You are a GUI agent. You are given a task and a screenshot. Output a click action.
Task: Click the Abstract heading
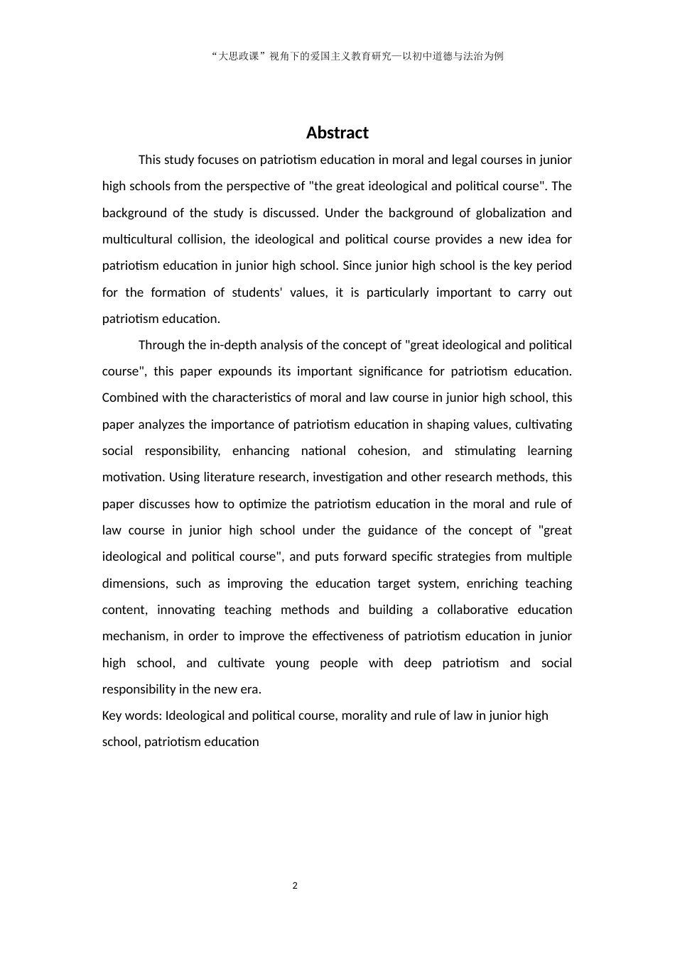coord(337,133)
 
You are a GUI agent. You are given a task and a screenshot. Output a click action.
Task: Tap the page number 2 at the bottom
coord(295,885)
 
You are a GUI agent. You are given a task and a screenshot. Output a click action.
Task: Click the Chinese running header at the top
coord(357,57)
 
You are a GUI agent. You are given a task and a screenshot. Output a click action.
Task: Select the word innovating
coord(185,610)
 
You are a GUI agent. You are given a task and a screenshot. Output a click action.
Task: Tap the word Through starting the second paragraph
coord(161,345)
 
